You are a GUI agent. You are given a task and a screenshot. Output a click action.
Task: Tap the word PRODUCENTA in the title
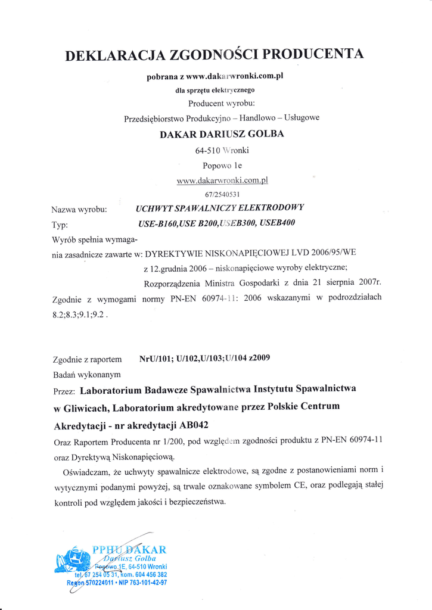point(313,54)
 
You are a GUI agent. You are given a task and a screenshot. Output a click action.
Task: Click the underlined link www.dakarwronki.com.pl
point(222,180)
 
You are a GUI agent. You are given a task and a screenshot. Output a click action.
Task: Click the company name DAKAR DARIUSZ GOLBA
point(222,134)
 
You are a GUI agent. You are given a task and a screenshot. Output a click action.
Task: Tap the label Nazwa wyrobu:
point(79,209)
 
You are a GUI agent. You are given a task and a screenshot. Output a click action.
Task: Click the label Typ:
point(60,225)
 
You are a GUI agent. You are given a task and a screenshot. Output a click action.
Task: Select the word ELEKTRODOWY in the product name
point(271,208)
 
